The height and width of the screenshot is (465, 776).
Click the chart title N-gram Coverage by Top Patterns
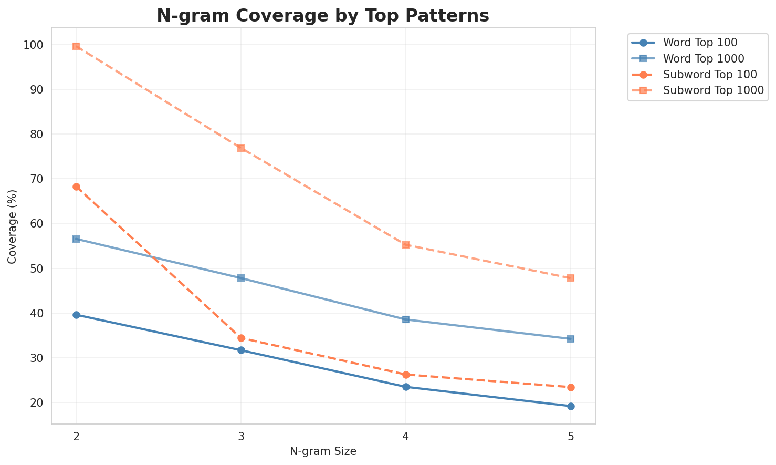(323, 16)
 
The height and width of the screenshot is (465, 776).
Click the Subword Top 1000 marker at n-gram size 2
(76, 46)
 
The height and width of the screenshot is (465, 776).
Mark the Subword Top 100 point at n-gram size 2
(76, 187)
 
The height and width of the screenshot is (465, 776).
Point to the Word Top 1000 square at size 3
(241, 278)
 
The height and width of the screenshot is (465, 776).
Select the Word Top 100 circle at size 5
(571, 406)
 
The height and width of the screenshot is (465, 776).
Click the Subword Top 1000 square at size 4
(406, 245)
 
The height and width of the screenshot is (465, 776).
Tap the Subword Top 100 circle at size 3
(241, 338)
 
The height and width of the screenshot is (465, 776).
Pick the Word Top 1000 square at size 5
(571, 339)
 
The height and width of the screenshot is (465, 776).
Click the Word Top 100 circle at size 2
(76, 315)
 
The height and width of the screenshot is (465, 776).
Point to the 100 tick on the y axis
(36, 45)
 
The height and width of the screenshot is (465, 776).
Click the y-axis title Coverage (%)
(12, 226)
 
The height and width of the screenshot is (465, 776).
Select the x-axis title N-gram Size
(323, 451)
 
